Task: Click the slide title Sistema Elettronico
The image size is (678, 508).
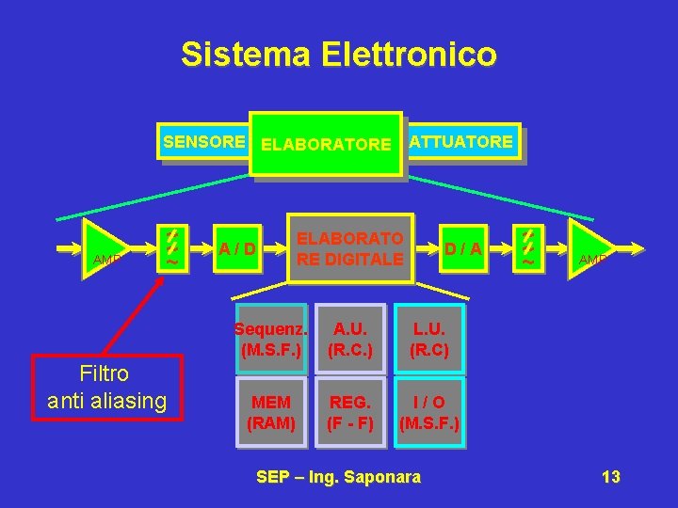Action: coord(338,55)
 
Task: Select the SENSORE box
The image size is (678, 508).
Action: coord(202,142)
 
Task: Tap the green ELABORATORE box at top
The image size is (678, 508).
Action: coord(326,145)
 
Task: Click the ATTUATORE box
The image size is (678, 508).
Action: coord(461,142)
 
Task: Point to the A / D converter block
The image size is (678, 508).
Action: coord(236,249)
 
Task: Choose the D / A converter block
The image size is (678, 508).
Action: coord(463,249)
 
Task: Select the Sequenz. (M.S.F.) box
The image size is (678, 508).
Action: coord(271,340)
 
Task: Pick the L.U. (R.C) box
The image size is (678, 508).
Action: coord(429,340)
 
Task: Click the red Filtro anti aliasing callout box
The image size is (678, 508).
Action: coord(106,387)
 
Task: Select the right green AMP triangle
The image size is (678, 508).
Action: coord(589,249)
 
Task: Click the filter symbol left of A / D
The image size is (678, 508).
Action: coord(172,248)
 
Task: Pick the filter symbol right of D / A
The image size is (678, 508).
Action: coord(528,248)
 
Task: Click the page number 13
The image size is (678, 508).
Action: coord(610,477)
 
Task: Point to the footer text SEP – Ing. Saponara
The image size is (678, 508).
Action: coord(339,477)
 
